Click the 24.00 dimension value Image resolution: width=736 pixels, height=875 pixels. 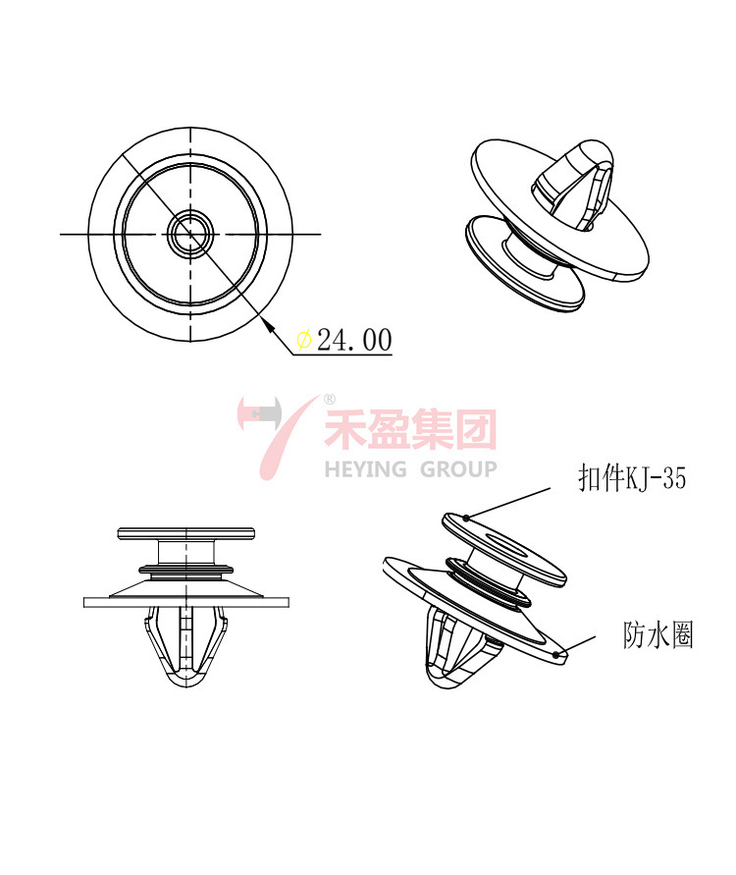tap(354, 340)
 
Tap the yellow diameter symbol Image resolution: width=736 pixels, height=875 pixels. tap(304, 340)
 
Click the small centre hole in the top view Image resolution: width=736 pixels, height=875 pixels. tap(189, 234)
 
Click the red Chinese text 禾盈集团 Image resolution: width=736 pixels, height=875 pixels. tap(410, 429)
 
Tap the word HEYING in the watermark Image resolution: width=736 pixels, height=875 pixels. tap(366, 468)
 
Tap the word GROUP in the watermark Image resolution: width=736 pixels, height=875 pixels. tap(458, 468)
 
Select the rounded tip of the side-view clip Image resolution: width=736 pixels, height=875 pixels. tap(185, 681)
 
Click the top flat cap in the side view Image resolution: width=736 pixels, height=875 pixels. tap(185, 533)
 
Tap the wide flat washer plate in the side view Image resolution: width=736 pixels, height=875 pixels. tap(185, 601)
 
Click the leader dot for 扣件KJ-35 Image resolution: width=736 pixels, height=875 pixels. tap(467, 517)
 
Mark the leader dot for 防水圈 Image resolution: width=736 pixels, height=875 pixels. tap(557, 652)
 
